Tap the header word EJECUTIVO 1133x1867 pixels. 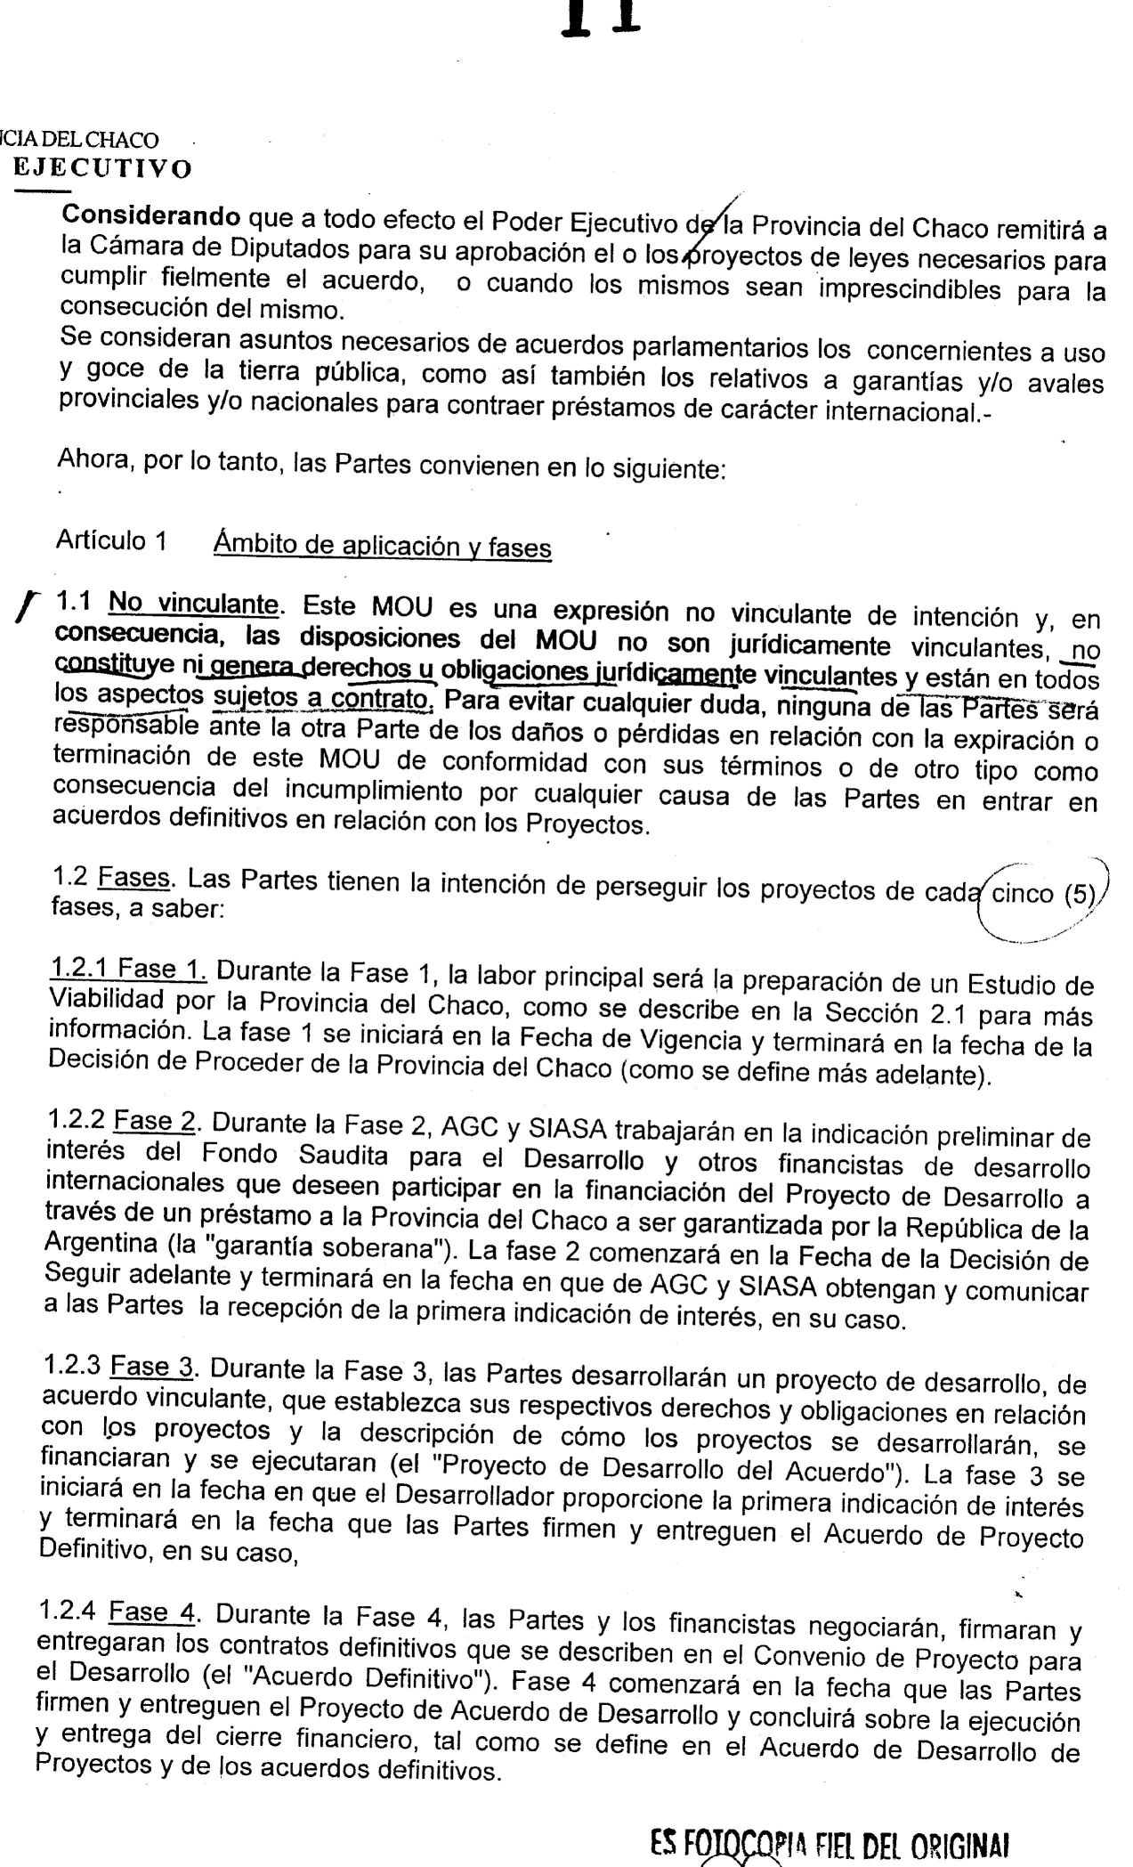point(103,169)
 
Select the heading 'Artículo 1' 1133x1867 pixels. point(111,541)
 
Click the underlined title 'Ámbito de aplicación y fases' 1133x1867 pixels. point(382,546)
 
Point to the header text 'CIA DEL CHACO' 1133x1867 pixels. point(80,141)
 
